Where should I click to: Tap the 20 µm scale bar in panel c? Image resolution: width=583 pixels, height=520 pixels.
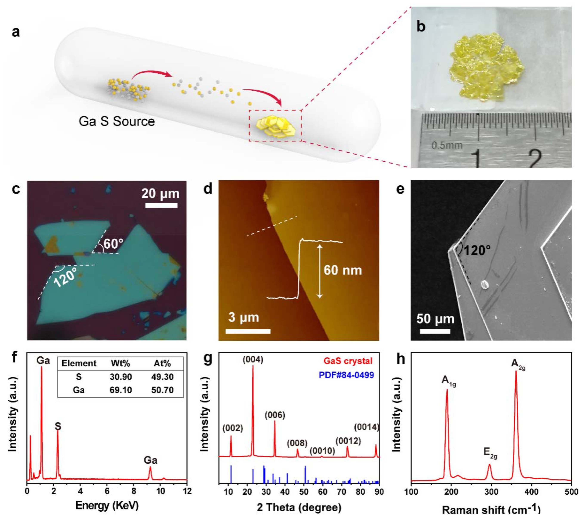click(x=161, y=205)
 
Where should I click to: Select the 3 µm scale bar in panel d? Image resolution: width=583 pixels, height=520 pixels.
click(x=248, y=331)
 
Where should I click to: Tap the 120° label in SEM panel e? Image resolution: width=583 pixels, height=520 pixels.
click(x=477, y=251)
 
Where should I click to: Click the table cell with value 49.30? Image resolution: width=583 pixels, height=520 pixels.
click(x=162, y=377)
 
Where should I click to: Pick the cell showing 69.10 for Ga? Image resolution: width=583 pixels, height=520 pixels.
click(x=120, y=390)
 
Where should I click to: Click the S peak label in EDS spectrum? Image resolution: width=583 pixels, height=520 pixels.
click(x=58, y=426)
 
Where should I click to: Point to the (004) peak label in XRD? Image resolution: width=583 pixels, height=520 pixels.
click(x=253, y=360)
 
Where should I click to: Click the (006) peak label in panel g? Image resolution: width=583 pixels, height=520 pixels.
click(x=275, y=415)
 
